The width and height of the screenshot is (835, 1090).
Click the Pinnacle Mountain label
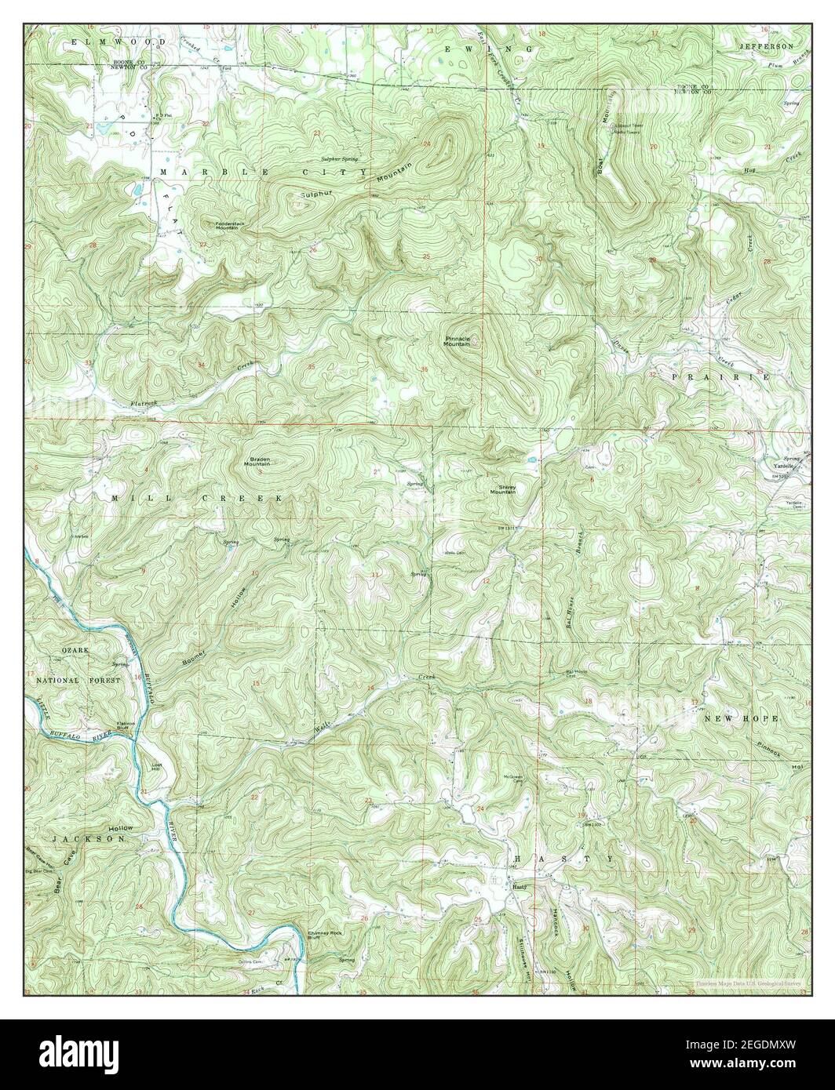tap(456, 341)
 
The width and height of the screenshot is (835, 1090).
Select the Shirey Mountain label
tap(502, 489)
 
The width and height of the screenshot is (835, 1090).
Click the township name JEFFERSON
tap(767, 47)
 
